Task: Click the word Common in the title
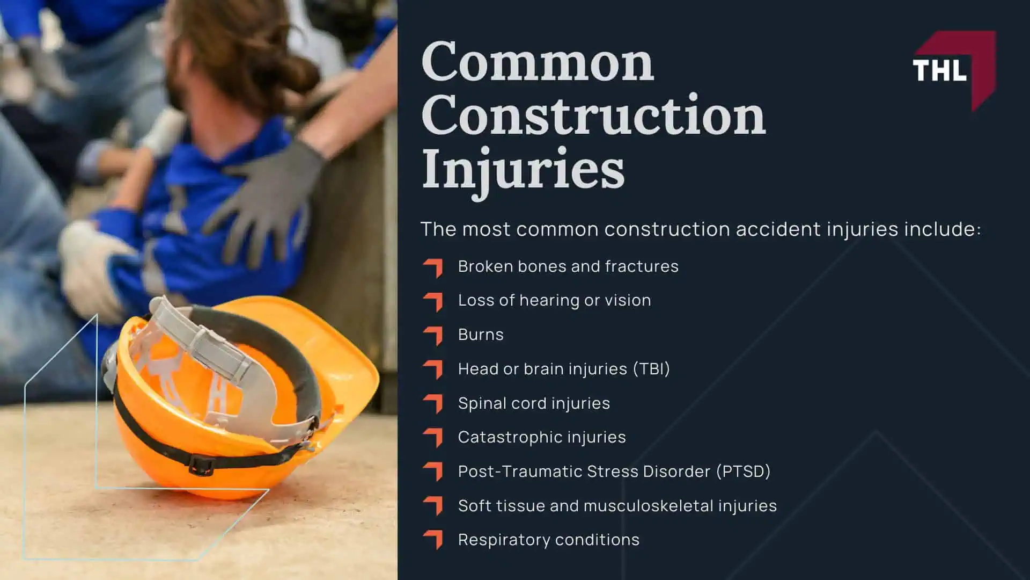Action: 538,62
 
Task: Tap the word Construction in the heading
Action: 593,115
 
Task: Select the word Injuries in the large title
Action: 523,169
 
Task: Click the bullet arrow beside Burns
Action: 433,335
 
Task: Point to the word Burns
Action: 481,335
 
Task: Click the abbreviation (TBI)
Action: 651,369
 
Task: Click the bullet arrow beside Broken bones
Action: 433,267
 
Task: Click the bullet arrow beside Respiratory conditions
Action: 433,539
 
